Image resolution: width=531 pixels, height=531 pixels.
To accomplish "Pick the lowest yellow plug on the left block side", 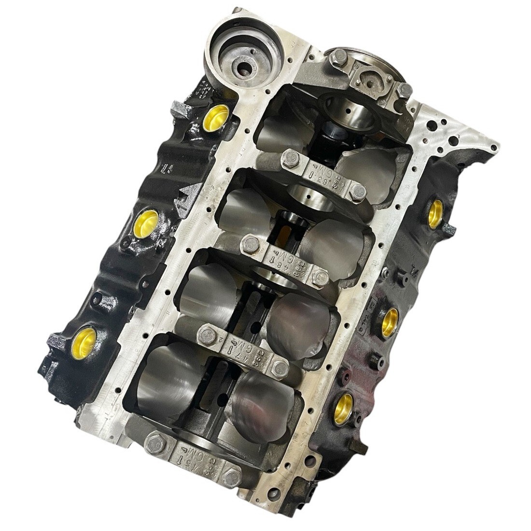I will [86, 337].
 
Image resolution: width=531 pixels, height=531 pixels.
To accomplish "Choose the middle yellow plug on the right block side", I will [390, 321].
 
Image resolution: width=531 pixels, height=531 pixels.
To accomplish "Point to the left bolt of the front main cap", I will [155, 442].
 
